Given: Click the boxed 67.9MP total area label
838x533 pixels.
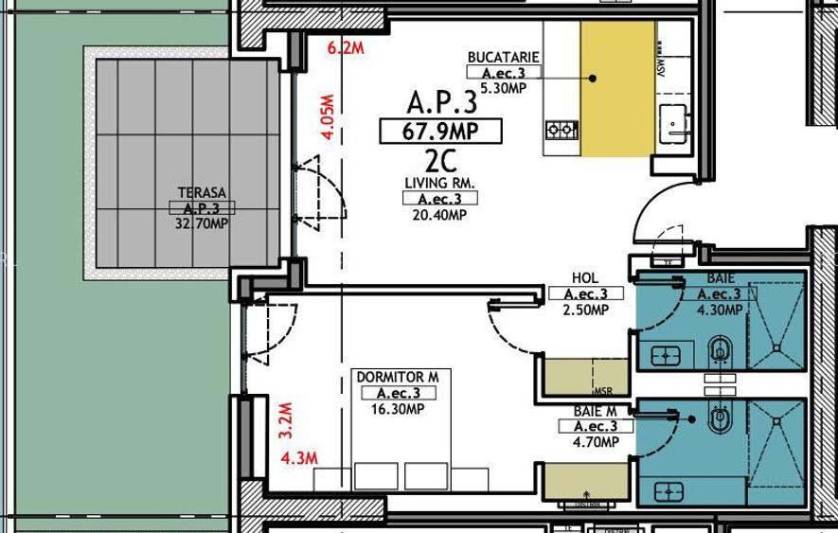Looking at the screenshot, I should pos(440,132).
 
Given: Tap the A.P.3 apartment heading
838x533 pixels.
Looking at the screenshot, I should pos(441,102).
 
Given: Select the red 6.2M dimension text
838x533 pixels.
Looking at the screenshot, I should pos(345,49).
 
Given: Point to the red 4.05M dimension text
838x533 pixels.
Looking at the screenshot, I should pos(328,116).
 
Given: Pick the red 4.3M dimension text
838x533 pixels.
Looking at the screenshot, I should pos(299,459).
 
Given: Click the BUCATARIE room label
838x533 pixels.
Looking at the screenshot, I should pos(503,58).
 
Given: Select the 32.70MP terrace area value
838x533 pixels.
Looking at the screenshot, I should pos(201,224).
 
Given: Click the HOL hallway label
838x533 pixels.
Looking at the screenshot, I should pos(585,278).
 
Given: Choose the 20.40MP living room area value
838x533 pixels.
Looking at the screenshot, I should pos(439,215).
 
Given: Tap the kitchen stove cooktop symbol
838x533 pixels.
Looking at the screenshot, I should pos(562,130).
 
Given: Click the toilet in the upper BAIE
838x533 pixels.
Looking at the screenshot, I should pos(722,349).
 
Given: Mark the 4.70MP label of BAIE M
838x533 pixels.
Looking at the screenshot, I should pos(596,442).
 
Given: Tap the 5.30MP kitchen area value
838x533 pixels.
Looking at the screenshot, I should pos(503,88).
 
